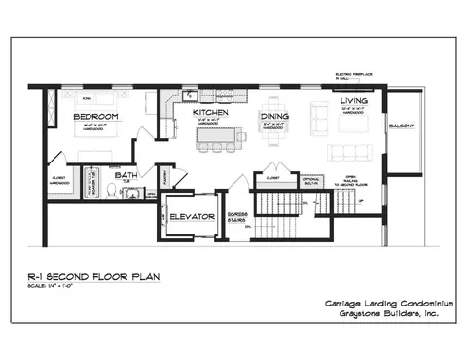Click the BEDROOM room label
[95, 116]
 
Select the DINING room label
[274, 116]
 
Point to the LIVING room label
[353, 101]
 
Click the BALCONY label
[402, 126]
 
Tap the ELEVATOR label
[192, 216]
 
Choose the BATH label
[126, 175]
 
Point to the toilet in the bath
[111, 192]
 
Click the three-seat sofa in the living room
[349, 153]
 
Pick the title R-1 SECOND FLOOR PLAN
[93, 277]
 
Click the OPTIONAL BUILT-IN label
[310, 182]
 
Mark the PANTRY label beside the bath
[166, 179]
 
